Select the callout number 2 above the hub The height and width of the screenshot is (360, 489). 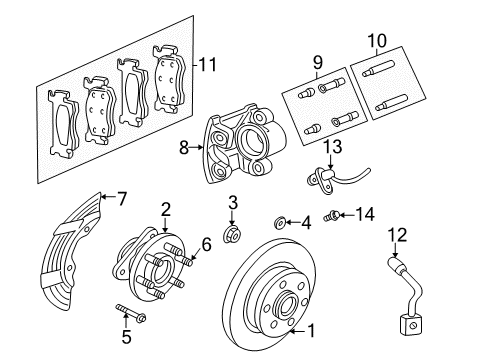coord(165,209)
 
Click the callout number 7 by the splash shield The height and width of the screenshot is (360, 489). coord(121,198)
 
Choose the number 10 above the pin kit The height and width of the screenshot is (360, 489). coord(376,41)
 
